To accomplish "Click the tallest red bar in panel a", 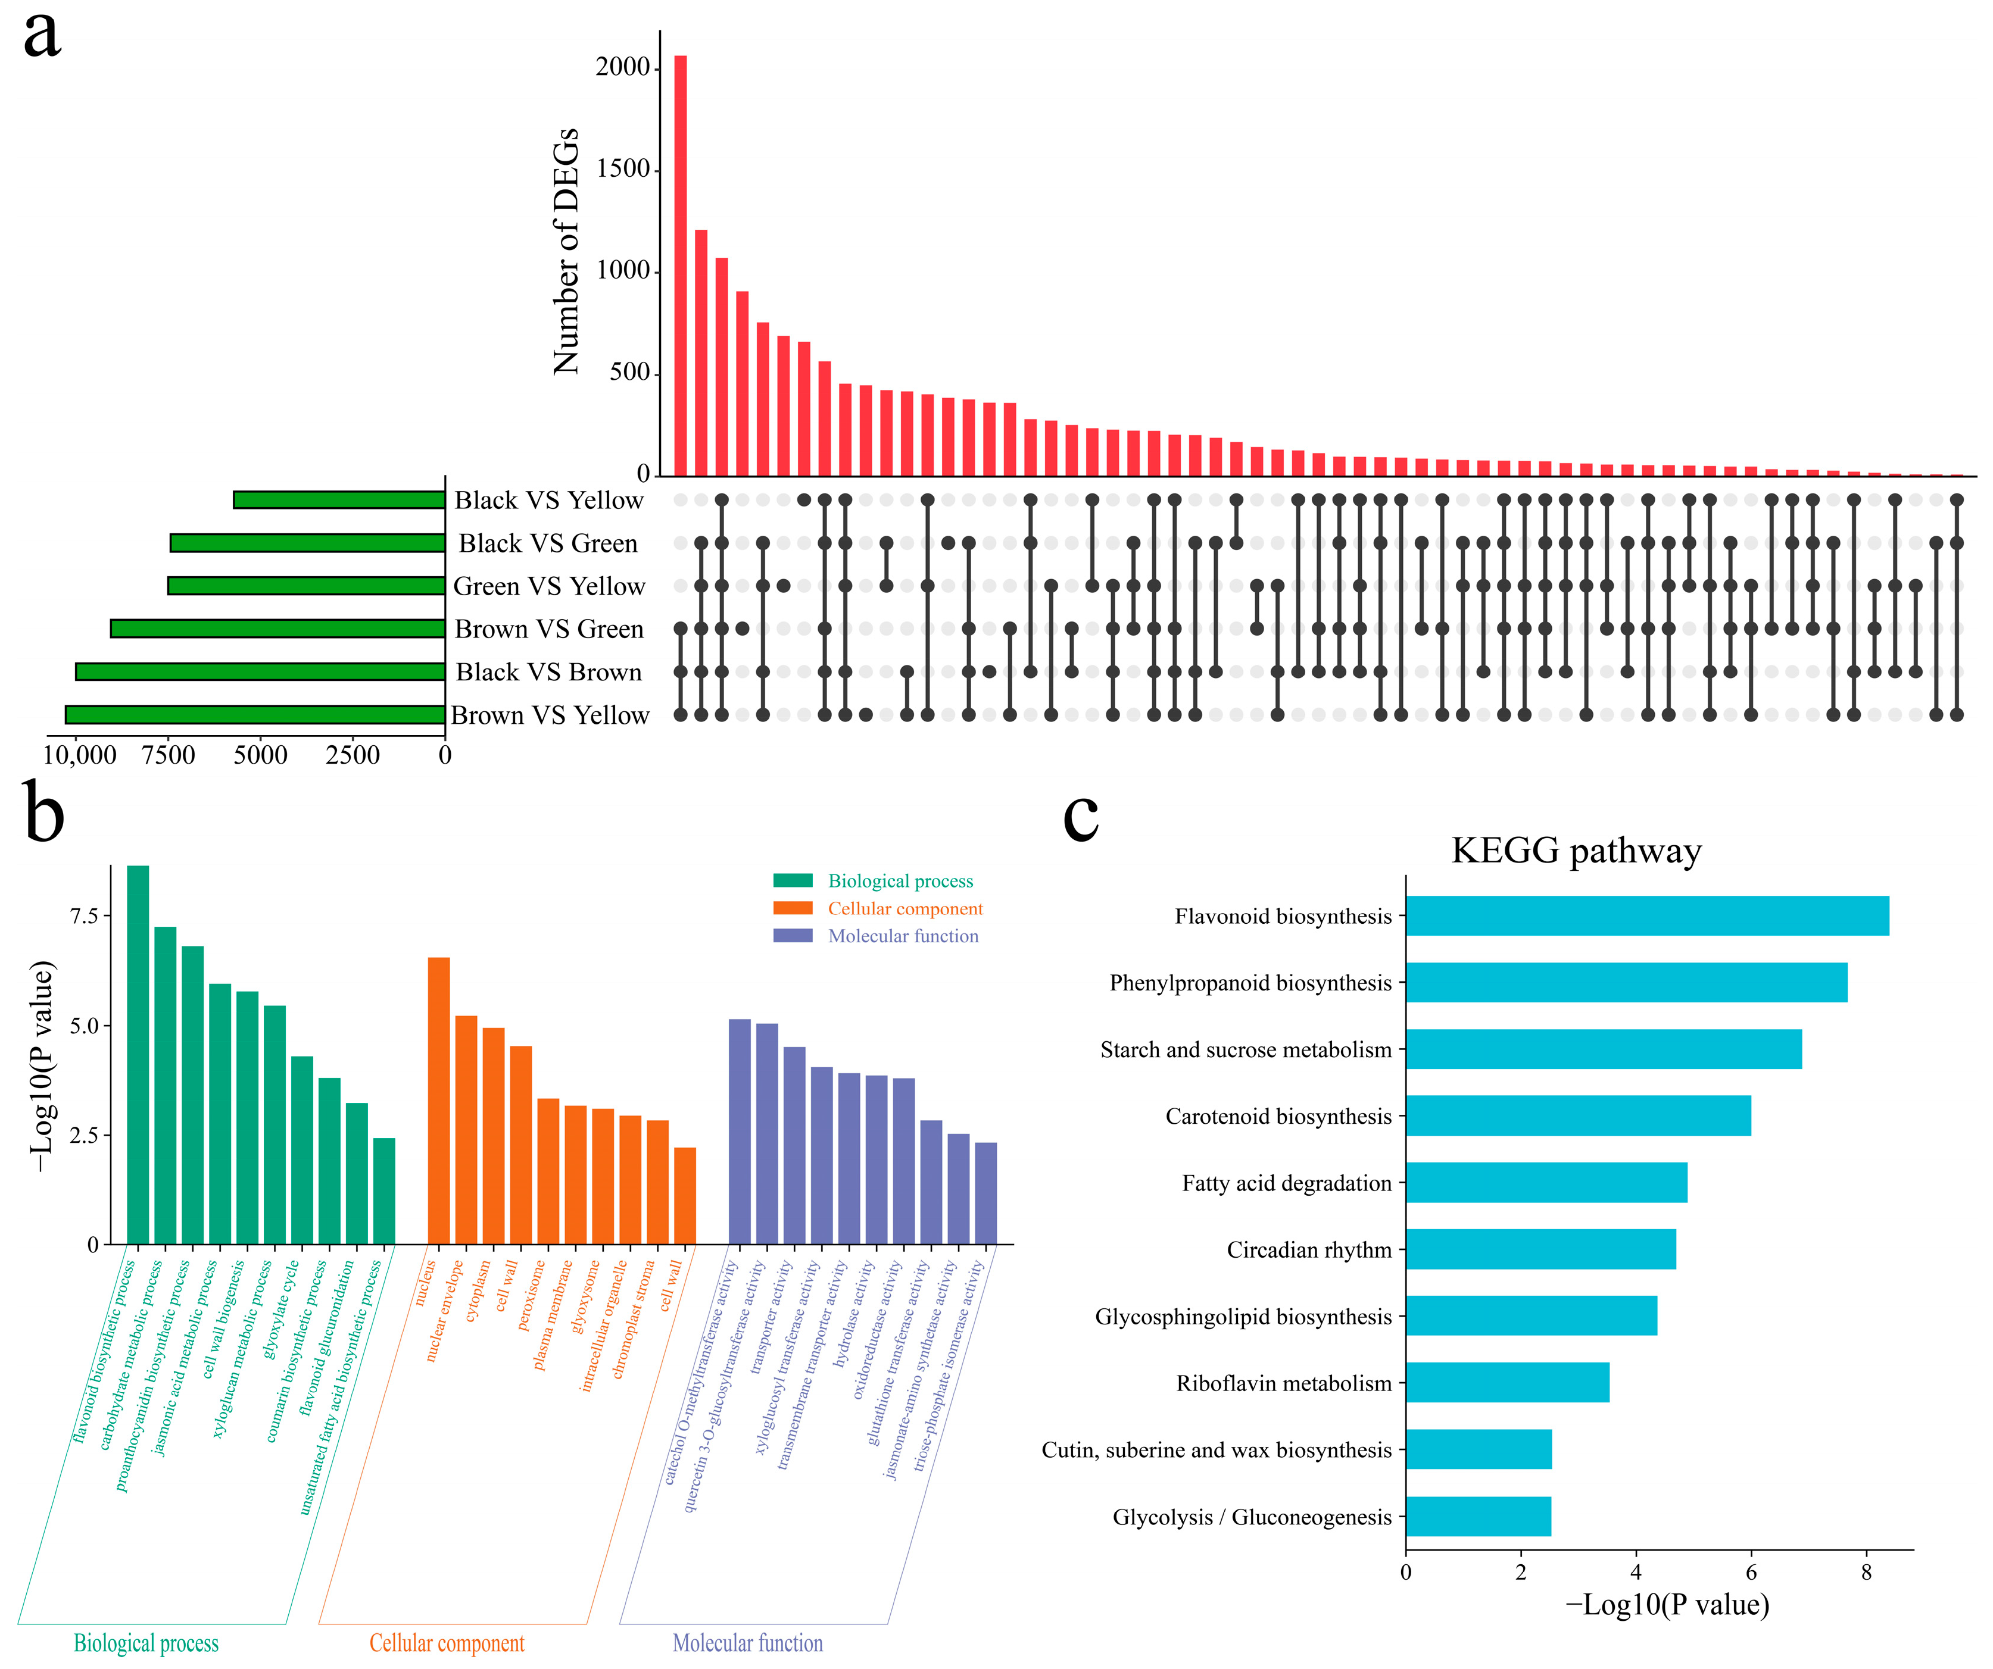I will click(681, 265).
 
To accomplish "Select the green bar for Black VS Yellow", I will click(339, 500).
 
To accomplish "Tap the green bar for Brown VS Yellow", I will click(254, 714).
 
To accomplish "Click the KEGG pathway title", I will click(1576, 850).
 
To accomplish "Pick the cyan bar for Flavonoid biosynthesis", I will click(1646, 915).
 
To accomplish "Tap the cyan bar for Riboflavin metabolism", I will click(1507, 1383).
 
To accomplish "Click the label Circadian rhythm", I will click(1309, 1249).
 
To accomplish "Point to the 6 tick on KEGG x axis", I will click(1751, 1572).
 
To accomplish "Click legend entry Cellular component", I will click(905, 908).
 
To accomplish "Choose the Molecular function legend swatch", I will click(793, 936).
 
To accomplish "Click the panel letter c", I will click(1080, 814).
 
